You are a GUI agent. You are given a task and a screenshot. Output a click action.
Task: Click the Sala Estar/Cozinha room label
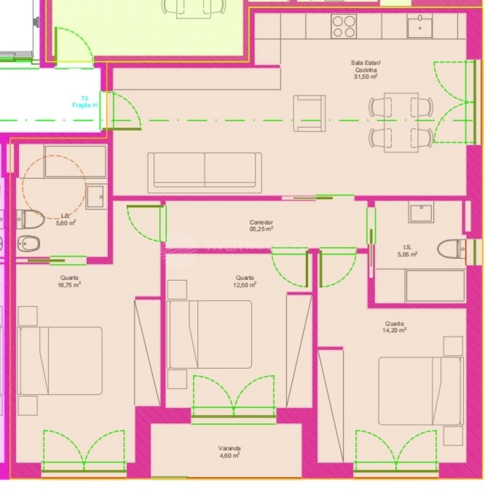[x=365, y=66]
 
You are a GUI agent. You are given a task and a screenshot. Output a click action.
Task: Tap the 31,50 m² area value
[x=365, y=77]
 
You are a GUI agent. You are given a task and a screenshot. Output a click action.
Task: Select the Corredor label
[x=261, y=222]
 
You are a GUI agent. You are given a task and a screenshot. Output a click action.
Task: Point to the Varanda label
[x=230, y=448]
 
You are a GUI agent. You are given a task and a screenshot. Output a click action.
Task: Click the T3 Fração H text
[x=85, y=102]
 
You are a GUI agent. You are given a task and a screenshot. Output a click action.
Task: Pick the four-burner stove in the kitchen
[x=344, y=26]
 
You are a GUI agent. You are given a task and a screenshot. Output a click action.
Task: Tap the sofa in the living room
[x=205, y=169]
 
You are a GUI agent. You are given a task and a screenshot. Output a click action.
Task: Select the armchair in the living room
[x=309, y=113]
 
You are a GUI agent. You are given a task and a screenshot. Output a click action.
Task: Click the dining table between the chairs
[x=401, y=122]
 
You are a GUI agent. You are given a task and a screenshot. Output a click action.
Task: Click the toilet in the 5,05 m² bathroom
[x=451, y=249]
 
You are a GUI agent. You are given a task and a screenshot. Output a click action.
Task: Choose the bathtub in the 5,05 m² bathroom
[x=434, y=286]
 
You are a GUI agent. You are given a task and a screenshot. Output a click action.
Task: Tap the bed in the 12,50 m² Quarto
[x=210, y=334]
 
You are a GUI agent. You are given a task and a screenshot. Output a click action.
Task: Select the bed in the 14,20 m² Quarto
[x=420, y=390]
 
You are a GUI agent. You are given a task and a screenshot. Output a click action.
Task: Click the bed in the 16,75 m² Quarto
[x=60, y=360]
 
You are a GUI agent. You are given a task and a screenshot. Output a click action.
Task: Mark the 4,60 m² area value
[x=230, y=456]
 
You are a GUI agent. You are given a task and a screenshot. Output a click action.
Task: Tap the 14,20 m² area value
[x=396, y=329]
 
